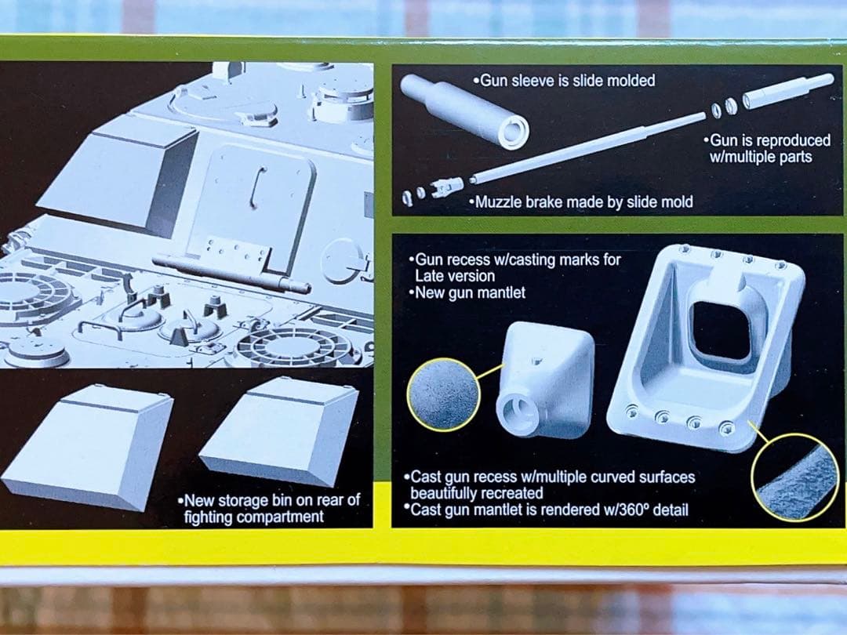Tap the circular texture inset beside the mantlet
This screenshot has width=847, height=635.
pyautogui.click(x=444, y=395)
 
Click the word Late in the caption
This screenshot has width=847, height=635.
pyautogui.click(x=431, y=277)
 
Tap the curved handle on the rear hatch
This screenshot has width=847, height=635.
pyautogui.click(x=255, y=187)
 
